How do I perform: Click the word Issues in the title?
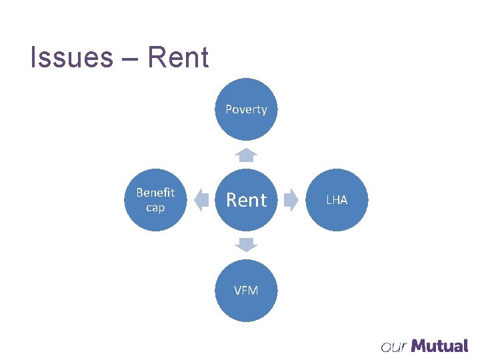pos(72,58)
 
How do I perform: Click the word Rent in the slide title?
pos(178,58)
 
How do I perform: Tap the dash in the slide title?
pos(130,59)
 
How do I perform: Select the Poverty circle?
pos(246,110)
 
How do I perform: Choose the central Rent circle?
pos(246,200)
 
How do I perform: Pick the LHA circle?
pos(337,200)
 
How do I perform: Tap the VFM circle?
pos(246,291)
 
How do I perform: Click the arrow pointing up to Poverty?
pos(246,155)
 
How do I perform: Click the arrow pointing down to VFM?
pos(246,245)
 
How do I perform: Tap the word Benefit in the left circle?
pos(155,193)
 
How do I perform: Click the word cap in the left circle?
pos(155,207)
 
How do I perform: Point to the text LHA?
pos(337,200)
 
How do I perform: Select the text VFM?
pos(246,291)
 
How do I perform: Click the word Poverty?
pos(246,109)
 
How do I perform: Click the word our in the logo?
pos(394,347)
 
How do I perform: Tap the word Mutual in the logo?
pos(440,345)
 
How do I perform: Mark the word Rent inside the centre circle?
pos(246,200)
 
